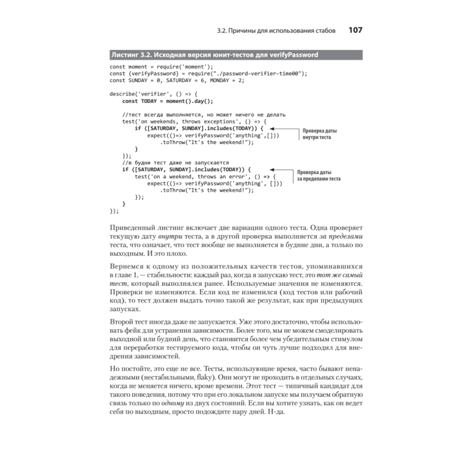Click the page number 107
355,30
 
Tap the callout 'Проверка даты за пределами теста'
319,175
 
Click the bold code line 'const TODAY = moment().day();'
168,101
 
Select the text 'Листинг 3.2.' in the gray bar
132,55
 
